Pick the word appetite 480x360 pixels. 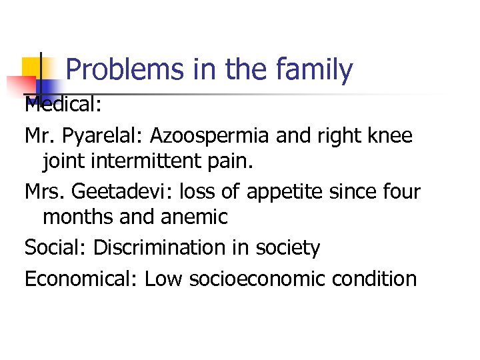click(291, 193)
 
